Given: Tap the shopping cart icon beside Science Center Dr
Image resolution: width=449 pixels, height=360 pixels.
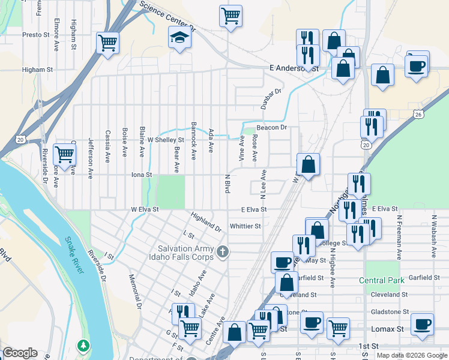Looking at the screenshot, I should pos(231,15).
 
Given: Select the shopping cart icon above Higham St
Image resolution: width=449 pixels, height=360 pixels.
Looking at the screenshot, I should pos(108,43).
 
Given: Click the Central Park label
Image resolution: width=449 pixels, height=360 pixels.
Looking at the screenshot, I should pos(382,280).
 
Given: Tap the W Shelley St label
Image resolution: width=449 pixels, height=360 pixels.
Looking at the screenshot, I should pos(165,140).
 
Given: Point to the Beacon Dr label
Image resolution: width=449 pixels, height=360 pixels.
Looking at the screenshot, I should pos(272,128).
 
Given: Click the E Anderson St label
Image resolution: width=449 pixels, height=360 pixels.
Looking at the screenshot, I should pos(294,68).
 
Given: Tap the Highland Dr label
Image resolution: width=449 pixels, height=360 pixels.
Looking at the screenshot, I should pos(206,221).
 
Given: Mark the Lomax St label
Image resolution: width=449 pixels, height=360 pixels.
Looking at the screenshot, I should pos(390,329).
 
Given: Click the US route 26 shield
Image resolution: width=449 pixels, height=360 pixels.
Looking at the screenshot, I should pos(418,114).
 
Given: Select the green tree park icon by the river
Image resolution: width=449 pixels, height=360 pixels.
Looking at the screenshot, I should pos(83,346).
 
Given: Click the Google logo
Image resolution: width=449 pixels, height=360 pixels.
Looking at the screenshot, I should pos(20,353).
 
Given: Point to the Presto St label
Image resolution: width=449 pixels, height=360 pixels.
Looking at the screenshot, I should pos(36,35).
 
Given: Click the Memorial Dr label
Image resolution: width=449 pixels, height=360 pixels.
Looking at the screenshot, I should pos(134,292).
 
